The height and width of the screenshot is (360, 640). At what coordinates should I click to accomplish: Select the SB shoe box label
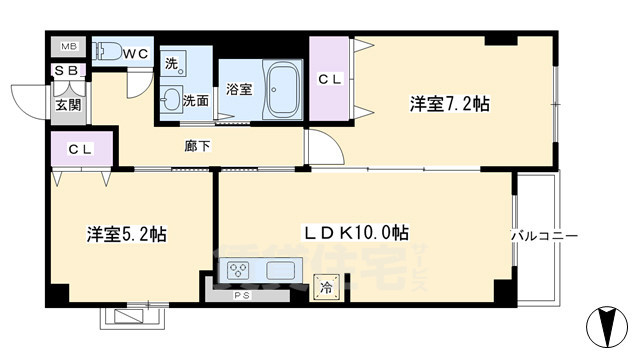click(x=67, y=71)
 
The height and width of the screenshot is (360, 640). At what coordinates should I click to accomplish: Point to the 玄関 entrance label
click(x=68, y=103)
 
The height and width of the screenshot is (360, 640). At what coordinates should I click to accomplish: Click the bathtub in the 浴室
click(x=284, y=89)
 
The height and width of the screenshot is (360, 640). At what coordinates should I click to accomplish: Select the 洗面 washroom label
click(x=196, y=100)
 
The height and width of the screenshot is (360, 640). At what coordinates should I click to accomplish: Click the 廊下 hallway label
click(x=197, y=146)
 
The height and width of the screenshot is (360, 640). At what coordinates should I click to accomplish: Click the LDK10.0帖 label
click(x=356, y=232)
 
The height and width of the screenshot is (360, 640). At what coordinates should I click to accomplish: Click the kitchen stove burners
click(x=239, y=270)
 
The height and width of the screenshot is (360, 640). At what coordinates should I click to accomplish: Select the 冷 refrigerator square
click(x=326, y=286)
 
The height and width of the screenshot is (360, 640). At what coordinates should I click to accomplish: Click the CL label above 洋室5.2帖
click(x=80, y=150)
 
